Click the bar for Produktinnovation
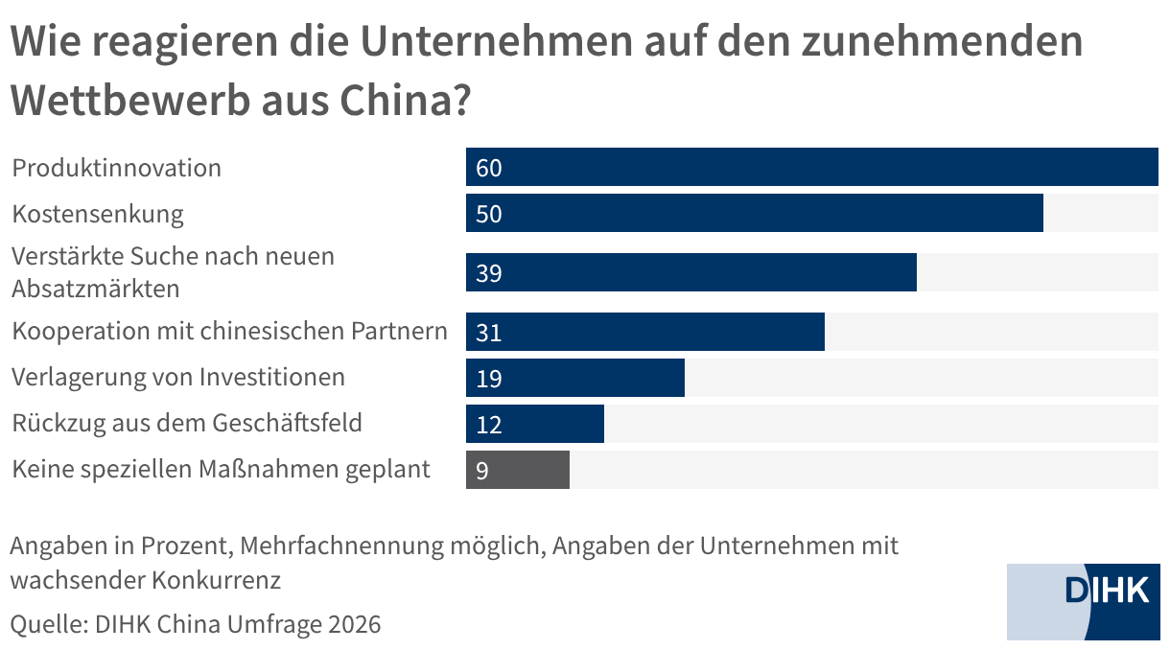[811, 167]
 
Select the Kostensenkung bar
[754, 213]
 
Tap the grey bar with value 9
[518, 470]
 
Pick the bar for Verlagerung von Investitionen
[575, 378]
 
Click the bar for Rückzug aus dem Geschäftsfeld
[535, 424]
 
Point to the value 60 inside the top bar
[488, 168]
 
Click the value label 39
[488, 273]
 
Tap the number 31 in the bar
[488, 333]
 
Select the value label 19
[488, 379]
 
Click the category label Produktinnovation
[116, 168]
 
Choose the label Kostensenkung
[98, 215]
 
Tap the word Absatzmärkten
[96, 289]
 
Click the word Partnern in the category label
[399, 331]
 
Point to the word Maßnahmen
[268, 469]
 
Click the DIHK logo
[1084, 601]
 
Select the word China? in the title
[406, 100]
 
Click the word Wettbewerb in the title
[130, 100]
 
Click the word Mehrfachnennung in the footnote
[342, 546]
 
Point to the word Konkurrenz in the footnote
[216, 580]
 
